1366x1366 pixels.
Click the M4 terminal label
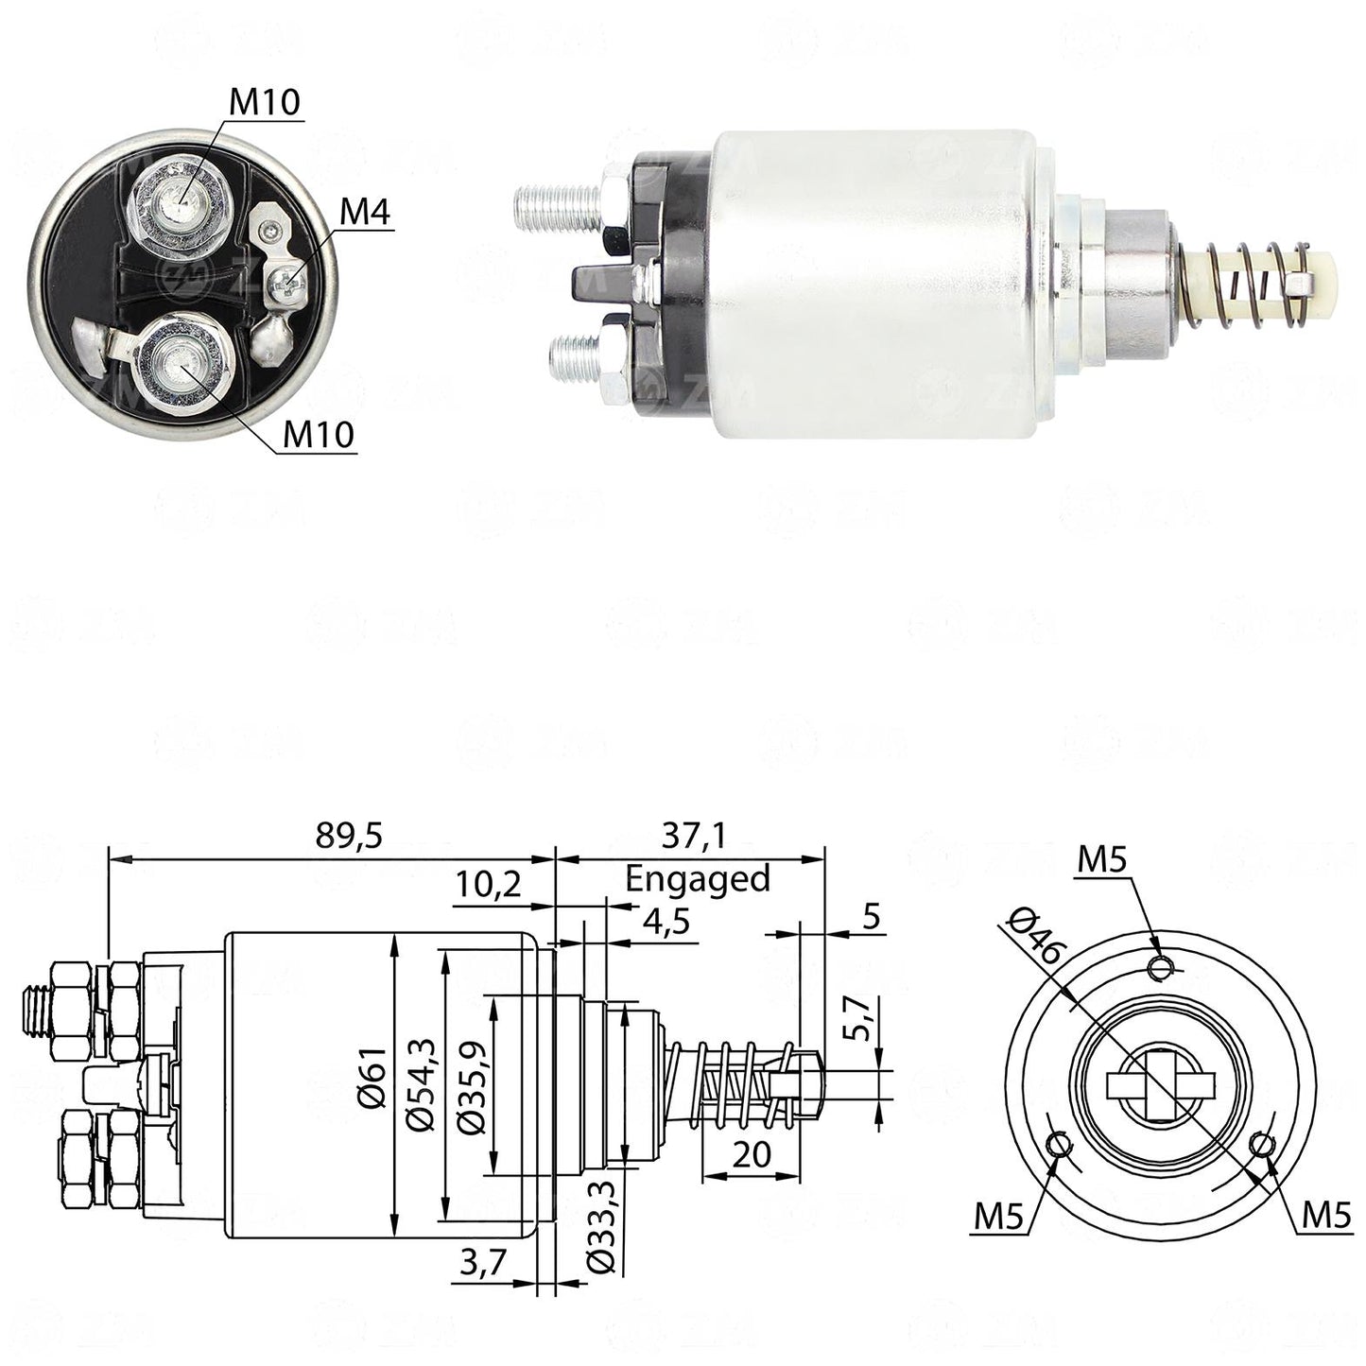coord(365,212)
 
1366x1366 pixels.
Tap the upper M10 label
coord(265,103)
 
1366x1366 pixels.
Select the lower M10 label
coord(319,435)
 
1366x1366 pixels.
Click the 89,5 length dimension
coord(349,837)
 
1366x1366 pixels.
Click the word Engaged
coord(698,879)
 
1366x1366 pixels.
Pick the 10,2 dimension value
coord(489,884)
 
